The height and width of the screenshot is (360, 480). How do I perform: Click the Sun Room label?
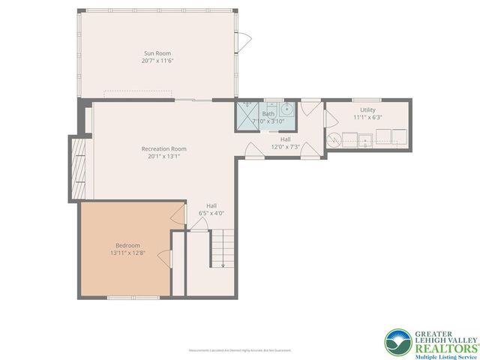click(x=158, y=53)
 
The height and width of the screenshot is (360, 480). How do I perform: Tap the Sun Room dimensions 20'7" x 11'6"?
click(x=158, y=61)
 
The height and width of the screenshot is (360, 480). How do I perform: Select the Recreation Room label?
click(x=163, y=148)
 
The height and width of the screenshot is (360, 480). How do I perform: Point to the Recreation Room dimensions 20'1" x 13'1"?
click(x=163, y=156)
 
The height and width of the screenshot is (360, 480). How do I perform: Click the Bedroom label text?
click(x=127, y=245)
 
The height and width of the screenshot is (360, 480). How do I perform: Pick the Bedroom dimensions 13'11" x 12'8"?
click(x=127, y=253)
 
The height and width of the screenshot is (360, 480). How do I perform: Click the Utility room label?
click(x=367, y=110)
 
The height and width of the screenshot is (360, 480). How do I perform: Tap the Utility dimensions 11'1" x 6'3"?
click(x=367, y=118)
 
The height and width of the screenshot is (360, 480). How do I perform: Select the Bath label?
click(x=268, y=114)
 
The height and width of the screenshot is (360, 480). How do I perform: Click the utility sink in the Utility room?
click(x=365, y=138)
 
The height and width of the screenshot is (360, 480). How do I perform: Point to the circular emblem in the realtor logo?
click(x=398, y=342)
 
